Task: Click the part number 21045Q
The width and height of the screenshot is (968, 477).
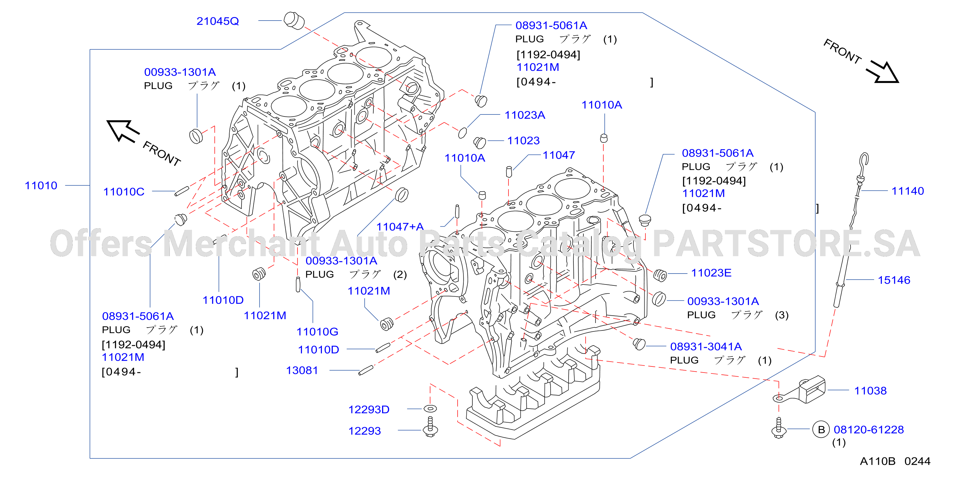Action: (x=218, y=21)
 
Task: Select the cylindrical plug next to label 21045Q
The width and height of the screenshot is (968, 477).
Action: (x=294, y=20)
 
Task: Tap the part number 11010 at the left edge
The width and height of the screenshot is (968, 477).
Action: (x=41, y=185)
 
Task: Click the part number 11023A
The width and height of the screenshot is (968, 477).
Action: (x=525, y=115)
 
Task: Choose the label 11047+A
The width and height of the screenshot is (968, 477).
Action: (x=400, y=227)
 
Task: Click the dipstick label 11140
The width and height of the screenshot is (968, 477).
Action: (x=908, y=191)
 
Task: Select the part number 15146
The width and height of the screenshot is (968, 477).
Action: (x=894, y=280)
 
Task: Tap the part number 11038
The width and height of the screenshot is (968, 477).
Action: (x=870, y=391)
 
